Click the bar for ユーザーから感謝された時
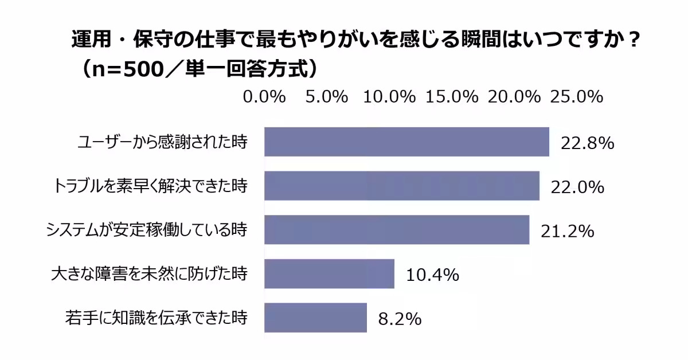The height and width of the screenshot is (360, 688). pyautogui.click(x=406, y=142)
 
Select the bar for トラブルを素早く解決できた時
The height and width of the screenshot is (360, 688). pyautogui.click(x=401, y=186)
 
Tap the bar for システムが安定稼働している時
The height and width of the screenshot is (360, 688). pyautogui.click(x=396, y=230)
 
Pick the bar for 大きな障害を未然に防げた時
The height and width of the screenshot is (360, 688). pyautogui.click(x=329, y=274)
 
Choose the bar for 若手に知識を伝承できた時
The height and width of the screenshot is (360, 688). pyautogui.click(x=315, y=318)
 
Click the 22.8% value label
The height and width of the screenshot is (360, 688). pyautogui.click(x=587, y=143)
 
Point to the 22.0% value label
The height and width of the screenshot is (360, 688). pyautogui.click(x=577, y=187)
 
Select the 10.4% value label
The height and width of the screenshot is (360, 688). pyautogui.click(x=432, y=275)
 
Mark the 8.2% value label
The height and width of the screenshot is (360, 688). pyautogui.click(x=400, y=319)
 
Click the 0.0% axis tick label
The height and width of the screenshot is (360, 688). pyautogui.click(x=264, y=97)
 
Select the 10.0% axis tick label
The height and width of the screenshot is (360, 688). pyautogui.click(x=389, y=97)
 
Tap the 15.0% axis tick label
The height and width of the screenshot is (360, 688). pyautogui.click(x=452, y=97)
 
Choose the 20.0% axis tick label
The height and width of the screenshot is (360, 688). pyautogui.click(x=514, y=97)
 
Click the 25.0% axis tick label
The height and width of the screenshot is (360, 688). pyautogui.click(x=576, y=97)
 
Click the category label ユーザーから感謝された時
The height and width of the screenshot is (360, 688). pyautogui.click(x=162, y=142)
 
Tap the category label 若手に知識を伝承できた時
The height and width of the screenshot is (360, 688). pyautogui.click(x=156, y=318)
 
